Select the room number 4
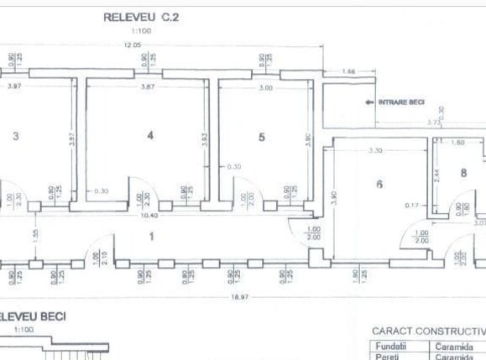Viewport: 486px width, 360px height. [149, 135]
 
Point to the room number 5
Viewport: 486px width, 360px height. [261, 136]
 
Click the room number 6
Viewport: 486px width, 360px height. [379, 185]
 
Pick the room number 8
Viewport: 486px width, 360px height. [462, 174]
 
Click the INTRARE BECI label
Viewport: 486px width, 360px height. [401, 102]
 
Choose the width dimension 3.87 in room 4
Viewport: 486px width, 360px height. [148, 86]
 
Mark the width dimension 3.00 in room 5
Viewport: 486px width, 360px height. [265, 87]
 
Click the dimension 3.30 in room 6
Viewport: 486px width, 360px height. [377, 151]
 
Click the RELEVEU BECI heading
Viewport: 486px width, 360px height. [34, 316]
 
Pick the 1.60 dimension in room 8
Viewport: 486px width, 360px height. [458, 143]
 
